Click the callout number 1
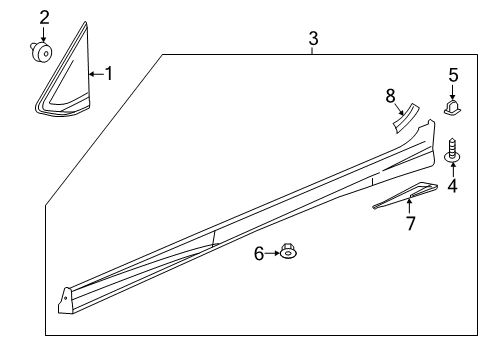pos(109,74)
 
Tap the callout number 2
pos(43,16)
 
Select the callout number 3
pos(313,38)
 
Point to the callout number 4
pos(453,185)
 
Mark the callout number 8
pos(391,96)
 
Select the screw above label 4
pos(452,151)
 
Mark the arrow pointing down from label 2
pos(43,33)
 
